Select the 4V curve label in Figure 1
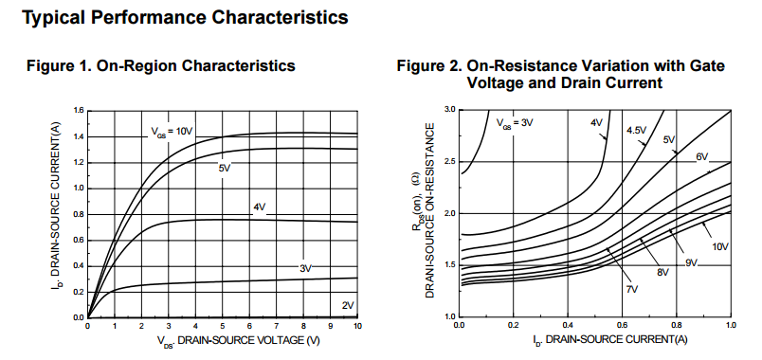(259, 207)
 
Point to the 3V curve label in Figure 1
(305, 269)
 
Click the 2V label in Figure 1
(348, 304)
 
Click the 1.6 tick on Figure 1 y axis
(78, 111)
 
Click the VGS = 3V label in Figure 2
(516, 121)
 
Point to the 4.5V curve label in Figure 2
(638, 130)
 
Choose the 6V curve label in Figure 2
(701, 157)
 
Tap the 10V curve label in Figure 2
(720, 246)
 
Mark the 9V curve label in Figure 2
(691, 262)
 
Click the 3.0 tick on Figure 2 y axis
(449, 110)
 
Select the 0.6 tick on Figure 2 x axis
(622, 325)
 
